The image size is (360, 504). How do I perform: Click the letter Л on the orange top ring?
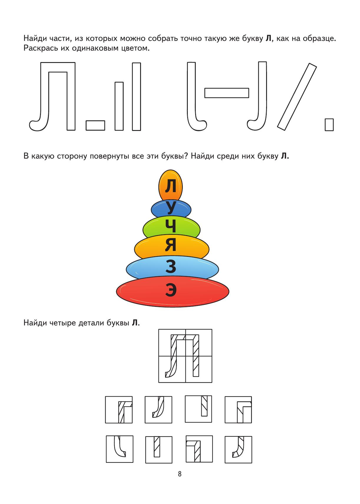tap(170, 186)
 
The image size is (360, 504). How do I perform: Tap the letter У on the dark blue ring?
tap(171, 207)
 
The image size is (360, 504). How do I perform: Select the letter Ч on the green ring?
tap(170, 226)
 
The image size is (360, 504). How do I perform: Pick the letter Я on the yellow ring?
tap(170, 245)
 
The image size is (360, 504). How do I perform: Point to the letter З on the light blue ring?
tap(171, 266)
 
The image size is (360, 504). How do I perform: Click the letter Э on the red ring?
tap(171, 290)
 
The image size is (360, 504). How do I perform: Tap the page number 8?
tap(180, 474)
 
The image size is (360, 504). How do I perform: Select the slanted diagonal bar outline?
tap(297, 97)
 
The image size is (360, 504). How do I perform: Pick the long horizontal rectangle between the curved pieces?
tap(226, 93)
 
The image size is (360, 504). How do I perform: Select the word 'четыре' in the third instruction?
tap(63, 323)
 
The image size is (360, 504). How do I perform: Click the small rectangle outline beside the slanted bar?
tap(329, 125)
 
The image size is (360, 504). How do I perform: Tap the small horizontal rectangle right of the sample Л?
tap(95, 126)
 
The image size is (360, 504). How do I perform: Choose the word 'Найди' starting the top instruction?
tap(35, 39)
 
